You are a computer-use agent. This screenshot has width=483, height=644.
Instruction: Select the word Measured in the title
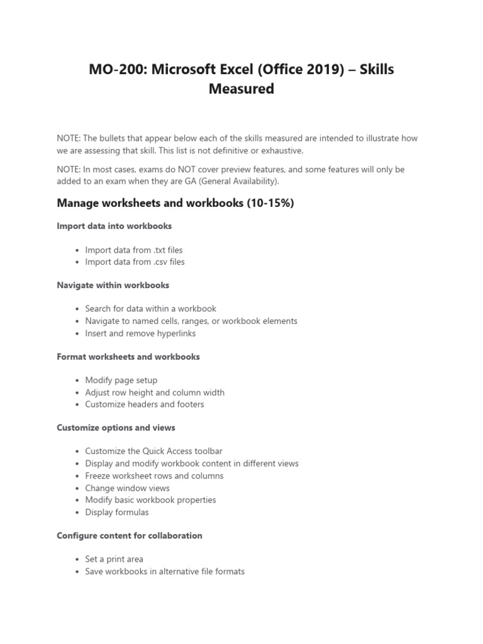(241, 89)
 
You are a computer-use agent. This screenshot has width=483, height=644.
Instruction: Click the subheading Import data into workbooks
(114, 226)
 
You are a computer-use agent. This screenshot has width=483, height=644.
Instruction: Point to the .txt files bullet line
(134, 250)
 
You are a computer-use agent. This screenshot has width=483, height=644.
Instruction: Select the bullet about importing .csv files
(135, 262)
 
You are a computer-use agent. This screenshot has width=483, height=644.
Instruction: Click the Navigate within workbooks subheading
(113, 285)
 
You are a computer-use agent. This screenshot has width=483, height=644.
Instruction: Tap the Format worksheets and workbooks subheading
(128, 357)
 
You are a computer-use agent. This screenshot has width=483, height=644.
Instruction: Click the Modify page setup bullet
(121, 380)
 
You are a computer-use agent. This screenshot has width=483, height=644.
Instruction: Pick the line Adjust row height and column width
(155, 392)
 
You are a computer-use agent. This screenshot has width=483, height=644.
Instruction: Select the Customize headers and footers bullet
(145, 404)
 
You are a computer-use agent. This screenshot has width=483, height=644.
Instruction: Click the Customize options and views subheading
(116, 428)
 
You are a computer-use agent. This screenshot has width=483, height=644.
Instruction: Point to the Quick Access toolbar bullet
(153, 452)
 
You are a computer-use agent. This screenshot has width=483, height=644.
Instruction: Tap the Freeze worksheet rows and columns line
(154, 475)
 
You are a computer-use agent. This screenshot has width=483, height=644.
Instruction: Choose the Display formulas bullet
(117, 512)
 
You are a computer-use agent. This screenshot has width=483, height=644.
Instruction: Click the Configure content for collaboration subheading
(130, 536)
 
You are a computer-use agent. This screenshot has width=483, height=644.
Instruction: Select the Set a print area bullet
(114, 559)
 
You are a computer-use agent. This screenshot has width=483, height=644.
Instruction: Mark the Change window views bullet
(127, 488)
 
